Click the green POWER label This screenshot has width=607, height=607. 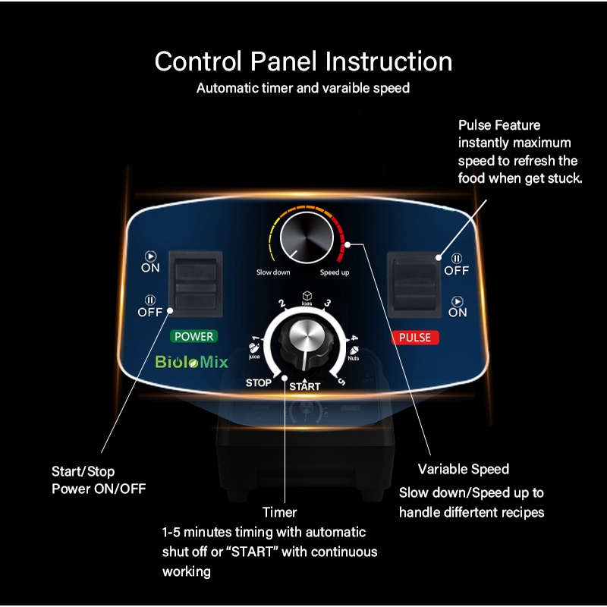[194, 336]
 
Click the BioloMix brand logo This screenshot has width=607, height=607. [191, 362]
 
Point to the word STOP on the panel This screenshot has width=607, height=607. [258, 383]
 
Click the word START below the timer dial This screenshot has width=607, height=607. [304, 386]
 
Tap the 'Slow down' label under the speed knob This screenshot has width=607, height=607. [273, 272]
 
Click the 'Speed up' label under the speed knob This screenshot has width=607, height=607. [334, 272]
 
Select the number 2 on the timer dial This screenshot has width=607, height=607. [281, 304]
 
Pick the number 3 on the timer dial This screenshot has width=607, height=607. [327, 303]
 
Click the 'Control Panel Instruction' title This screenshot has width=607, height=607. [303, 61]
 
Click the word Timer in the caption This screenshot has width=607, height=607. [279, 512]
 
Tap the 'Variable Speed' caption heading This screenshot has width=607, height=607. [463, 469]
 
